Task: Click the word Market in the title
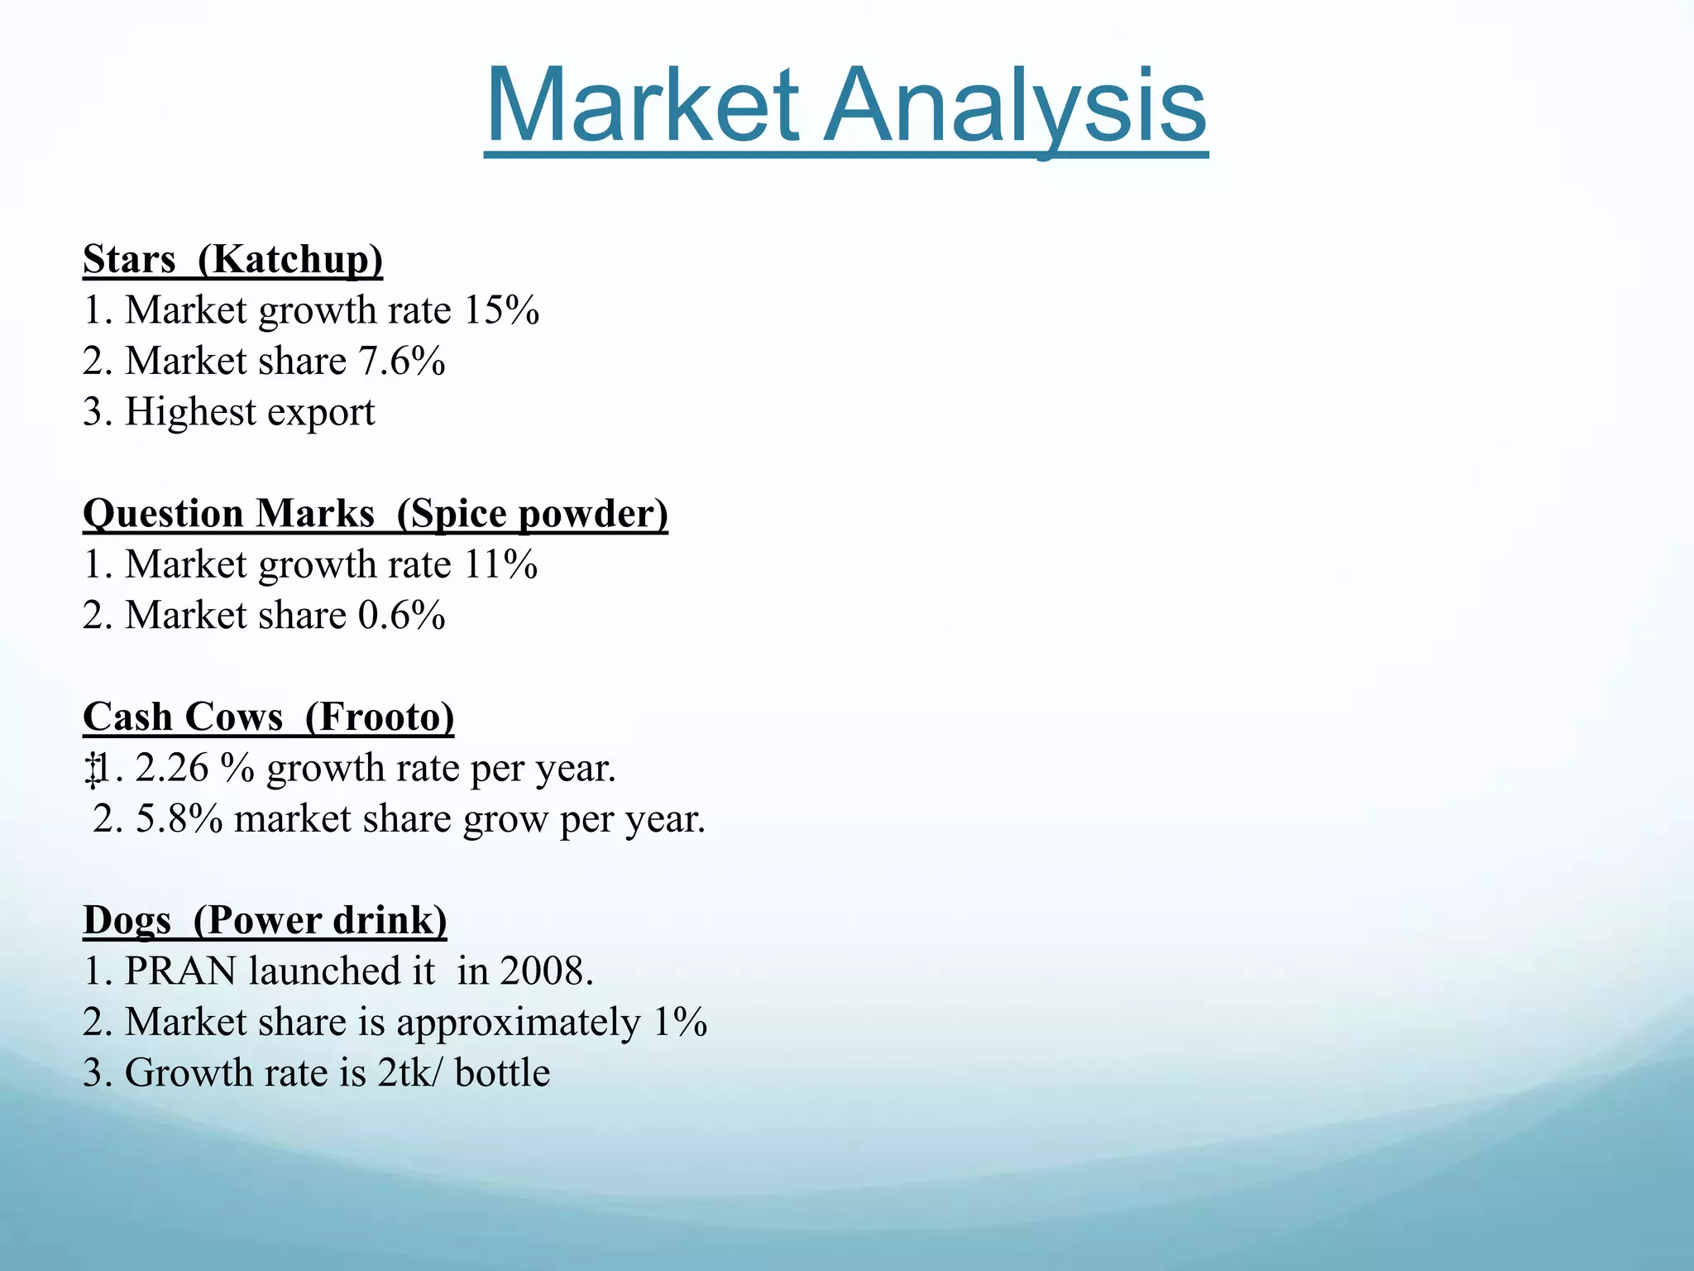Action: point(643,107)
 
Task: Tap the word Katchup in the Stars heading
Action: point(292,260)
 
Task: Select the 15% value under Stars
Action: point(501,311)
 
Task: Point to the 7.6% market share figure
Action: point(402,362)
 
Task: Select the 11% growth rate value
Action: point(500,565)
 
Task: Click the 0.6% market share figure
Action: point(402,616)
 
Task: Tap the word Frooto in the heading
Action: point(380,717)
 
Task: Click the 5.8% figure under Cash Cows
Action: point(179,819)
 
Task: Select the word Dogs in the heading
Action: point(127,921)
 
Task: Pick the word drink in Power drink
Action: point(390,921)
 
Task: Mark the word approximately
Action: point(519,1024)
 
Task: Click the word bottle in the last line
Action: point(502,1073)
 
